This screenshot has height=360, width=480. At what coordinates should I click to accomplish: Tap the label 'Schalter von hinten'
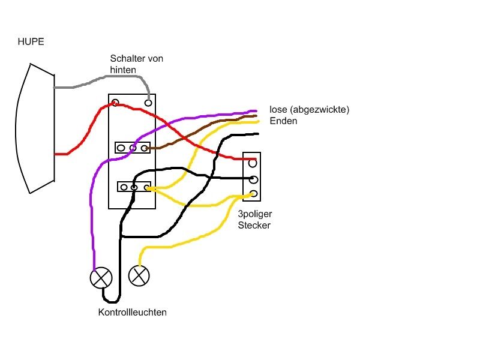coord(136,64)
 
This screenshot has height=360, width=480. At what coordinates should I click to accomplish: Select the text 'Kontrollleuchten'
coord(133,312)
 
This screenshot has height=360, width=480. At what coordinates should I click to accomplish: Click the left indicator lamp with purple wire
coord(100,278)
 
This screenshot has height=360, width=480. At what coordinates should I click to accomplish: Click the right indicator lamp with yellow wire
coord(139,275)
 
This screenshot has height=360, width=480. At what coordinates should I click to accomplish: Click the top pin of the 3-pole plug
coord(253,162)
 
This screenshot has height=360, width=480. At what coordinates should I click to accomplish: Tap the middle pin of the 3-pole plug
coord(253,179)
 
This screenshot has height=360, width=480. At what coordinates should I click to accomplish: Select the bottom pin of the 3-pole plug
coord(253,193)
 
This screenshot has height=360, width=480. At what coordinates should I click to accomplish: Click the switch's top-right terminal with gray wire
coord(148,103)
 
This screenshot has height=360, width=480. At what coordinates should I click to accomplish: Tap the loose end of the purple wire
coord(254,110)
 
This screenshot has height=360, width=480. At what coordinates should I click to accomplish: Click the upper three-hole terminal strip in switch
coord(132,147)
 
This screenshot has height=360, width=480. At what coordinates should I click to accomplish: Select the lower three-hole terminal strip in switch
coord(134,187)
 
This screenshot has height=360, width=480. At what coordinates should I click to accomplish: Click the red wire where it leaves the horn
coord(60,154)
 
